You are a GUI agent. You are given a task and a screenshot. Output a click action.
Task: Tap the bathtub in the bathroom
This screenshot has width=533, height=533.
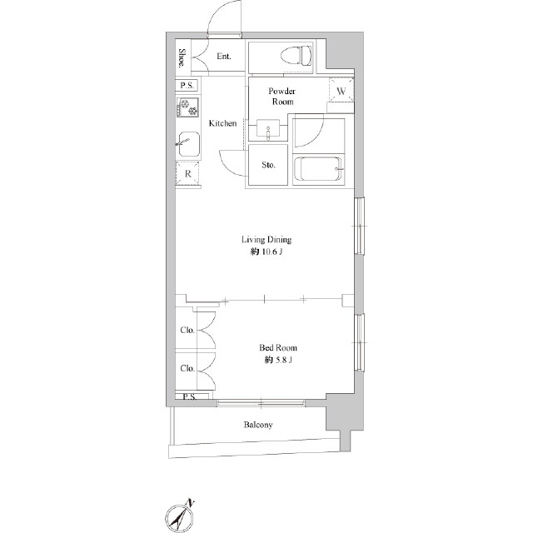click(318, 169)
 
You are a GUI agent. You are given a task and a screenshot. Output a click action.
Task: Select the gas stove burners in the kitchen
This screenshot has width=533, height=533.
click(187, 107)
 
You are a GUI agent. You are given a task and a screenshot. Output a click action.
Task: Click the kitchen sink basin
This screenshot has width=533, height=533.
click(189, 144)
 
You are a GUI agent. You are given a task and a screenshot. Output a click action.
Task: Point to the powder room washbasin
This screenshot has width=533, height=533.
click(268, 128)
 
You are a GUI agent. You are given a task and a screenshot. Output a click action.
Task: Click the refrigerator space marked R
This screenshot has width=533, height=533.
click(187, 174)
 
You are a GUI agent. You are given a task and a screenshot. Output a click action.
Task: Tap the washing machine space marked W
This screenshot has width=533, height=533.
click(341, 91)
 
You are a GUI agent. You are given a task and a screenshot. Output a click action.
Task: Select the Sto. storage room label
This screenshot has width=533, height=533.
click(268, 165)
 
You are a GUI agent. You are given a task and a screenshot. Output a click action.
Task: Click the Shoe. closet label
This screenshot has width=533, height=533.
click(182, 57)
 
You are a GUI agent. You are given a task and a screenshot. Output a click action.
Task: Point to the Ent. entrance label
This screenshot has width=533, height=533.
click(224, 56)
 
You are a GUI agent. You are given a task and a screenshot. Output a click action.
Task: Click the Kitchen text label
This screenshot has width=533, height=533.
click(222, 123)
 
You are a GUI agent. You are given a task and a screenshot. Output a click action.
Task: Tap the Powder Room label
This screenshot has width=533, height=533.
click(282, 97)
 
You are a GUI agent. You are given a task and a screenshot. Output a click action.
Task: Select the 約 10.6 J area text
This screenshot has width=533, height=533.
click(266, 252)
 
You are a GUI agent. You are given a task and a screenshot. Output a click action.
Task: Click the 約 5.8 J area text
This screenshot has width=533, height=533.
click(278, 360)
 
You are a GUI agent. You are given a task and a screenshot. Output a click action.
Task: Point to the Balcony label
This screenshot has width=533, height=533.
click(258, 425)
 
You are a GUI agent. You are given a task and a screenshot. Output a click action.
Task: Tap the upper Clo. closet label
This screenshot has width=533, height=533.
click(187, 330)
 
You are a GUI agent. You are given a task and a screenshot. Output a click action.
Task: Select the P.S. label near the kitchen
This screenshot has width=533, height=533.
click(187, 85)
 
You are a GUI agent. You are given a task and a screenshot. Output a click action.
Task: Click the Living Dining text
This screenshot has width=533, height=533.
click(266, 240)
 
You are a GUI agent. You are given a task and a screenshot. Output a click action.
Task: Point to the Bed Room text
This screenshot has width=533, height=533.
click(278, 348)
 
